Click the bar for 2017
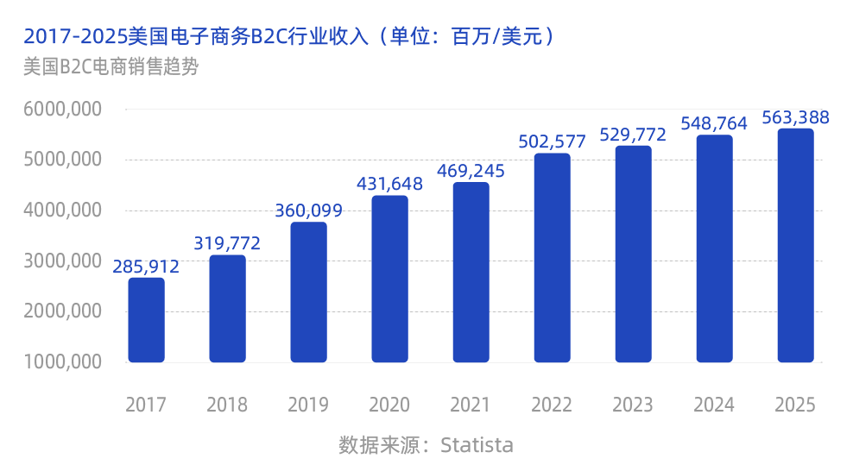tap(146, 320)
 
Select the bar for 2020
tap(389, 279)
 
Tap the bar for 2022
tap(552, 258)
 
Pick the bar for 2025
tap(795, 246)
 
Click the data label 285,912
tap(146, 267)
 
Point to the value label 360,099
tap(308, 210)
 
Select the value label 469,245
tap(471, 171)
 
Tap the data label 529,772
tap(633, 135)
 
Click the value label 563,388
tap(795, 117)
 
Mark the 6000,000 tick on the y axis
tap(63, 110)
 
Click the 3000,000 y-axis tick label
tap(63, 261)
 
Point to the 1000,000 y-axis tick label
tap(63, 361)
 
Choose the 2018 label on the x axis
tap(227, 405)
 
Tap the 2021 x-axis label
tap(471, 405)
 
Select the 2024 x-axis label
tap(714, 405)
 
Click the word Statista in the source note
tap(477, 445)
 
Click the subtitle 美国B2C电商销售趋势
tap(111, 66)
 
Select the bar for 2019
tap(308, 292)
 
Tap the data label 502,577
tap(552, 141)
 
